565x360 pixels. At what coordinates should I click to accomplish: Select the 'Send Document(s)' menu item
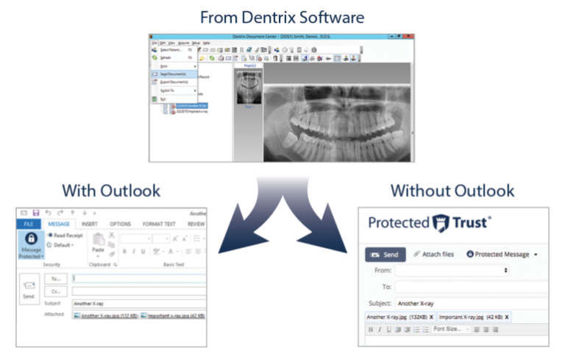[168, 74]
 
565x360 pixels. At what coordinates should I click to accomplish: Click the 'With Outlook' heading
[111, 191]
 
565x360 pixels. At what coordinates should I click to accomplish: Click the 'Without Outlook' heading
[452, 191]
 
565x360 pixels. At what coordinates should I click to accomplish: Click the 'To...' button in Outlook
[55, 279]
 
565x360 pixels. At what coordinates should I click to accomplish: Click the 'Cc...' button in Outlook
[55, 291]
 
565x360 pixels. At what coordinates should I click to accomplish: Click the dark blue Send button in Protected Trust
[385, 255]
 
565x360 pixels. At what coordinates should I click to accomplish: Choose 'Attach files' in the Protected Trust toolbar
[433, 255]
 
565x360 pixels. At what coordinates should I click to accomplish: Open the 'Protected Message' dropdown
[504, 255]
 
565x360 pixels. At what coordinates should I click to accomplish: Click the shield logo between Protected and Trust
[440, 222]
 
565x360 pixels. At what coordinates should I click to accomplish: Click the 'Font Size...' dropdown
[451, 329]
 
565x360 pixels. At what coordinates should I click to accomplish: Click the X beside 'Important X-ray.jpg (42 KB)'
[506, 317]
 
